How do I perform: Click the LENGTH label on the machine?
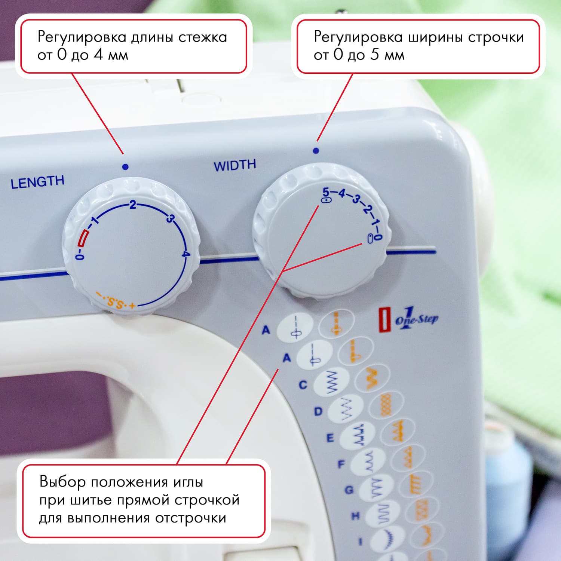click(37, 182)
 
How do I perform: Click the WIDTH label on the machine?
click(234, 165)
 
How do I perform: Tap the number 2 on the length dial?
click(132, 205)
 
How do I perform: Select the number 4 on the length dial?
click(185, 255)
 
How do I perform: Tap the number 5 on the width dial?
click(326, 192)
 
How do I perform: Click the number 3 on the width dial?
click(356, 199)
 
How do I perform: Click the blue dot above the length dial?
click(125, 167)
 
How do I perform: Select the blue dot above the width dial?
click(316, 151)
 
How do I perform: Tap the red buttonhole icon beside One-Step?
click(384, 320)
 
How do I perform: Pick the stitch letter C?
click(303, 385)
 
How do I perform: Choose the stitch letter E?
click(330, 438)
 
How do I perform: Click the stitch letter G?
click(349, 490)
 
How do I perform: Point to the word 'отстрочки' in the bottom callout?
click(190, 518)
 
